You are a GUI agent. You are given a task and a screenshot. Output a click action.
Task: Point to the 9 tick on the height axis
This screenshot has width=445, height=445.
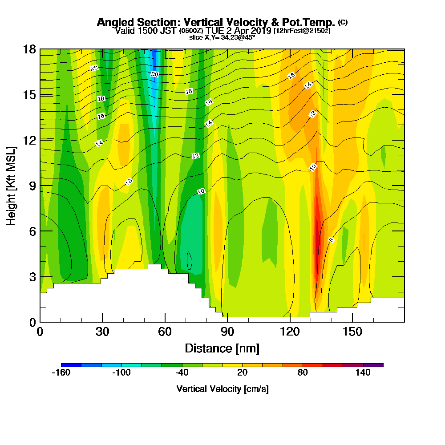32,186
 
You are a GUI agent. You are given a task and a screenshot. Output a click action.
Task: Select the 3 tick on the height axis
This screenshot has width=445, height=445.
32,277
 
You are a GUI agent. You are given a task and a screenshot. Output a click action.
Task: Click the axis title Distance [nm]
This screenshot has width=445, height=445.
222,348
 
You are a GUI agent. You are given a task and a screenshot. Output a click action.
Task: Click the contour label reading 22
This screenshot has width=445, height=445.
94,68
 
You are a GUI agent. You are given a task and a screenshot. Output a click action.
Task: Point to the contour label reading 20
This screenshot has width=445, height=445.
154,74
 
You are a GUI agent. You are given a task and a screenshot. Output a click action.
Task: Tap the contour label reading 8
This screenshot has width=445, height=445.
331,240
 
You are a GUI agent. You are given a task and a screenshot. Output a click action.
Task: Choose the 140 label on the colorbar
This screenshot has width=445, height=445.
363,373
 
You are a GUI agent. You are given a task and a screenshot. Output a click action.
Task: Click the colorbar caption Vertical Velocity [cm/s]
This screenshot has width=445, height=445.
222,389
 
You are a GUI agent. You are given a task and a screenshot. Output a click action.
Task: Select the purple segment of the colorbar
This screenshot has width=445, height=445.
373,365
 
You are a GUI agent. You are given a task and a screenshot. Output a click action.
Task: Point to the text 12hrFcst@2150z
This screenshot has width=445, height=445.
302,31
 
